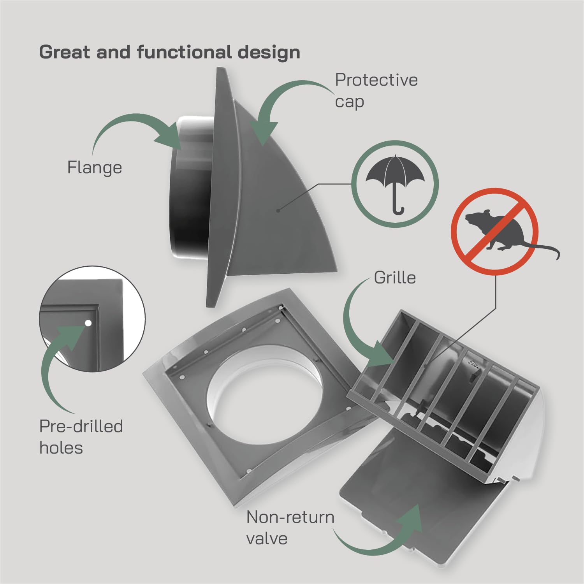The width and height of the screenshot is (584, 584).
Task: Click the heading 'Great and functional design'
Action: tap(170, 53)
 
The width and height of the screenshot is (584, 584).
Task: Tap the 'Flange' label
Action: tap(95, 168)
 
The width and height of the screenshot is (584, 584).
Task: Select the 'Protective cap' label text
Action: tap(376, 91)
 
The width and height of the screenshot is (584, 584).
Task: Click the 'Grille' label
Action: tap(395, 278)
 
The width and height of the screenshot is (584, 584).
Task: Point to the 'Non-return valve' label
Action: tap(290, 528)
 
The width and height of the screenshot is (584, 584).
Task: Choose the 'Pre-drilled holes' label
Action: tap(81, 437)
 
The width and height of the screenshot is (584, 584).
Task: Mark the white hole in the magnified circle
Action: tap(88, 323)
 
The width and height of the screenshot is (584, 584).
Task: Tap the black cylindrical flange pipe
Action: tap(191, 187)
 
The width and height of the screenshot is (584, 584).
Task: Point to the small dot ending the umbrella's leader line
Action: tap(278, 211)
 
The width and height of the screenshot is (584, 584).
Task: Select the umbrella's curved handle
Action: tap(398, 206)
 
